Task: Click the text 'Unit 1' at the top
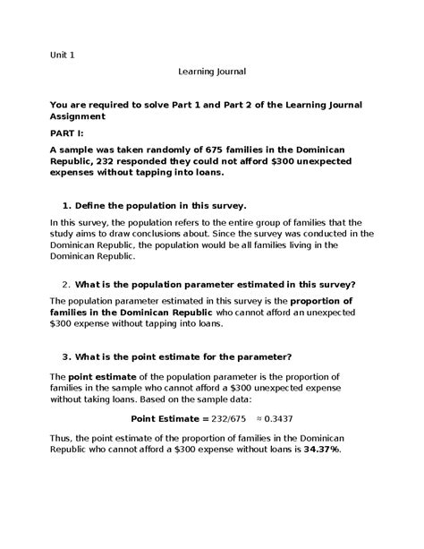(62, 55)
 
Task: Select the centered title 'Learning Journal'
(211, 71)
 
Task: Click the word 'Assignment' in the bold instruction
(79, 116)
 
